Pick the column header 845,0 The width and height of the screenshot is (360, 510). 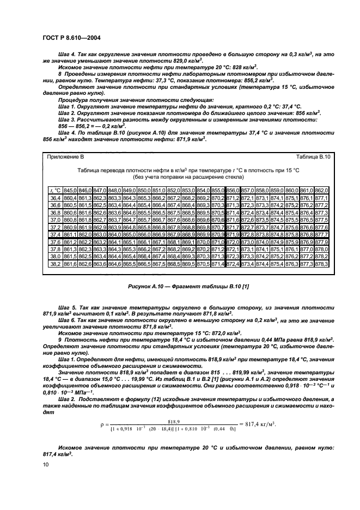pyautogui.click(x=70, y=190)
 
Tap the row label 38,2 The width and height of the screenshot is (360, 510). pyautogui.click(x=56, y=263)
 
